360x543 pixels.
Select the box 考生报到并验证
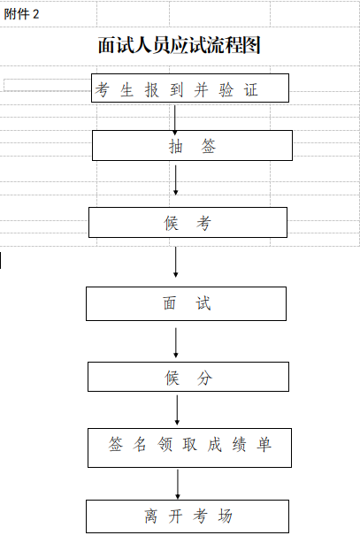coord(189,88)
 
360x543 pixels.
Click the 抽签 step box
coord(192,146)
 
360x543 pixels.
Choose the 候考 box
coord(188,223)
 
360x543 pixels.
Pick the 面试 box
coord(186,303)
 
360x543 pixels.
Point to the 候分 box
coord(188,378)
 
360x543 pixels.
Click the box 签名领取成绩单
coord(189,447)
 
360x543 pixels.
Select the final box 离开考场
coord(187,516)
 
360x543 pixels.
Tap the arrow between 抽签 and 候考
coord(176,180)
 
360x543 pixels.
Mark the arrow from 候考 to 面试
coord(176,262)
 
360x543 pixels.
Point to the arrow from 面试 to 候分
coord(176,341)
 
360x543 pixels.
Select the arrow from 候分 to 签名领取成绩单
coord(177,409)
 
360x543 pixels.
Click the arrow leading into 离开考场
coord(178,483)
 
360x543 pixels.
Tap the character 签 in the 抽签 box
coord(208,147)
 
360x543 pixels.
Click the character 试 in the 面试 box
coord(203,303)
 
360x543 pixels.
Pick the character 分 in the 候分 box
coord(204,378)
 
